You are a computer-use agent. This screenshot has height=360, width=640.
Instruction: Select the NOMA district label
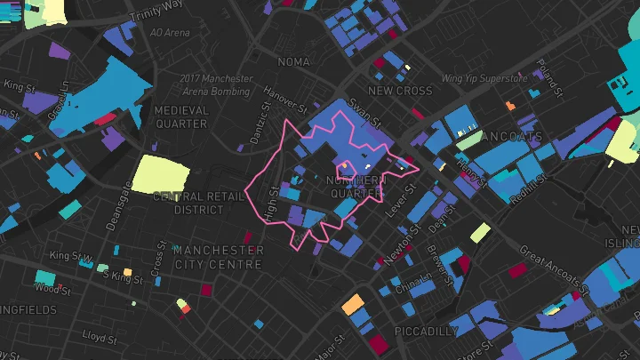coord(293,62)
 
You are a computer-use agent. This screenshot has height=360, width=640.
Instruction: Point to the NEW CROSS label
coord(400,91)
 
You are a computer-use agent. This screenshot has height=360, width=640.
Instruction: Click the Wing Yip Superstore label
coord(491,78)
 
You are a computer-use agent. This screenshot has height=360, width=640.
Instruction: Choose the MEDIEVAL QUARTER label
coord(181,117)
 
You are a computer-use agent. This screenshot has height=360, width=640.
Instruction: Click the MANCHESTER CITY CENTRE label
coord(218,258)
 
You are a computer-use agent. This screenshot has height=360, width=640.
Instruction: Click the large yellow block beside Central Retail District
coord(161,173)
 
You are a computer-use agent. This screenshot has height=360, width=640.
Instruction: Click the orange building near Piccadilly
coord(353,305)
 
